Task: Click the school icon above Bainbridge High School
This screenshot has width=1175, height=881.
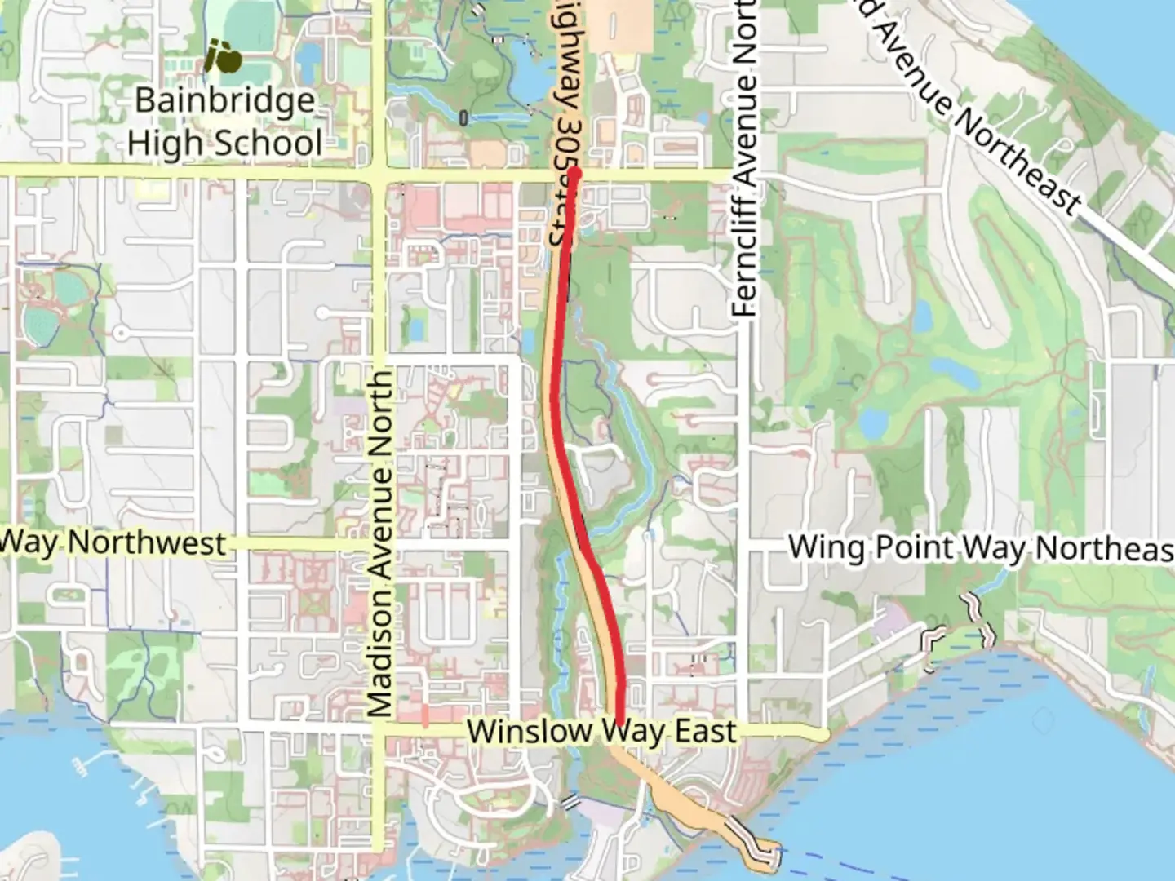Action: pos(223,56)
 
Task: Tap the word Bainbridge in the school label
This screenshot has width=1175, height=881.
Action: pos(224,100)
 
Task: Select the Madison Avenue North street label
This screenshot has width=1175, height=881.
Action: pos(380,542)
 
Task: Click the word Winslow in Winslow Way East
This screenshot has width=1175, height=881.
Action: pos(528,731)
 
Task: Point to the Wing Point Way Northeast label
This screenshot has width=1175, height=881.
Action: pos(979,547)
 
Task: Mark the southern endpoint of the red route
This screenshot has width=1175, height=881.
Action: pos(619,723)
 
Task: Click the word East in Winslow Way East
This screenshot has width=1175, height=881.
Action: pos(706,731)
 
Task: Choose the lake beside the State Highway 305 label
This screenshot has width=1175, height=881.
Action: pos(530,78)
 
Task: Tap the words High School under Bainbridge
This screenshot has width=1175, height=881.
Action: pos(224,144)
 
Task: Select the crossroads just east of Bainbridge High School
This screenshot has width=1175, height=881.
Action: pos(379,171)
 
